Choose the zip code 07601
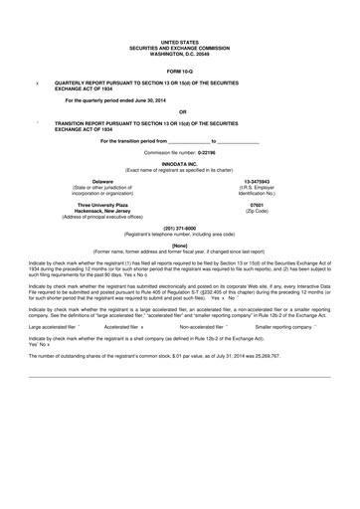257,205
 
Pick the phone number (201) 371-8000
180,228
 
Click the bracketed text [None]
180,244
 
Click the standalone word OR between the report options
180,111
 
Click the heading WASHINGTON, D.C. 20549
180,24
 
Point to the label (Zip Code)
257,211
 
